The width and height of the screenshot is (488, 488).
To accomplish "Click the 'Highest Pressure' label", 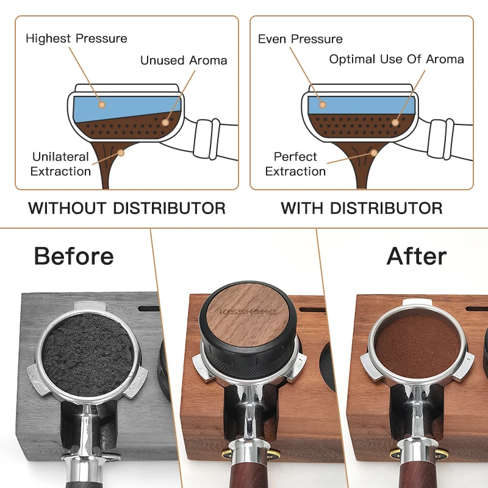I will pos(76,38).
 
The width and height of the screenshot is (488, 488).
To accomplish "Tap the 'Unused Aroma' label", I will pos(184,60).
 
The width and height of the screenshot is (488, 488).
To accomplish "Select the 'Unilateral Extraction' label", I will pos(60,164).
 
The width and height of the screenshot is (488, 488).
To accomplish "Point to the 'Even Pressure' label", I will pos(300,39).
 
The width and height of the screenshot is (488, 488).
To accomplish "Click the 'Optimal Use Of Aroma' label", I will pos(396,59).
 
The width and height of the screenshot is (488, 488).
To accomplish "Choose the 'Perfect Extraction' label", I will pos(295,164).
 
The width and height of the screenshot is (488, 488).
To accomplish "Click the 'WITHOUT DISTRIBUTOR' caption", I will pos(127,208).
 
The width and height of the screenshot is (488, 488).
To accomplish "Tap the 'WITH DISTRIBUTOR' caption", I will pos(362,208).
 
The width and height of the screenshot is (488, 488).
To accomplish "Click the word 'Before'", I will pos(74,256).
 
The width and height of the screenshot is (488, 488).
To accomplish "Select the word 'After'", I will pos(417,256).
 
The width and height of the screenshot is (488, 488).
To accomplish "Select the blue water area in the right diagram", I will pos(360,105).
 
